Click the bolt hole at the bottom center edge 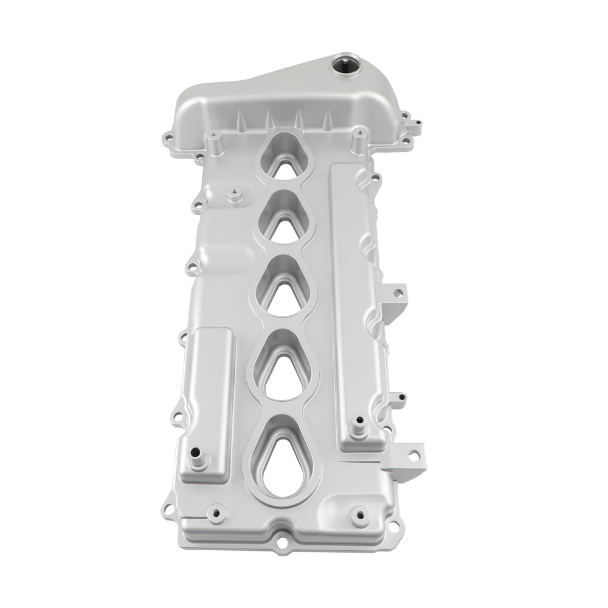283,539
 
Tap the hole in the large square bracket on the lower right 413,454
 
